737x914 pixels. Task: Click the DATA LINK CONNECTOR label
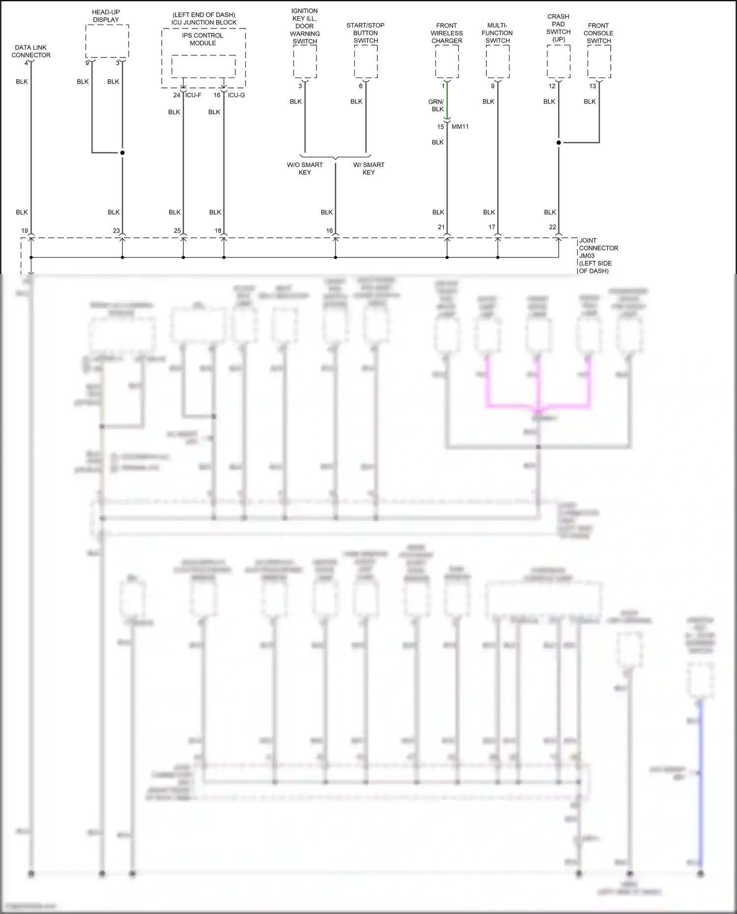[31, 51]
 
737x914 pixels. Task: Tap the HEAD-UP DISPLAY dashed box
[107, 41]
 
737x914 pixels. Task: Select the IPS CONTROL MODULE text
[202, 39]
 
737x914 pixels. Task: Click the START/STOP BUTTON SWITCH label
[366, 33]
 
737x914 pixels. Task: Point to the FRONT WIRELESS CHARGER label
[447, 33]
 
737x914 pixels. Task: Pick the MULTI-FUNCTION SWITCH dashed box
[498, 61]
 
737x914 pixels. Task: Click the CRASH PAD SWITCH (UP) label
[558, 28]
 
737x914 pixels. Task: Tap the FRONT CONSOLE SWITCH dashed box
[599, 61]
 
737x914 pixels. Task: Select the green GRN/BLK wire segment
[447, 101]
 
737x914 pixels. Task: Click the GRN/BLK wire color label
[436, 105]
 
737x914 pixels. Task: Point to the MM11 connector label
[460, 127]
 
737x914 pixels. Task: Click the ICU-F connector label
[193, 95]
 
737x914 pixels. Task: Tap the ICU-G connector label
[236, 95]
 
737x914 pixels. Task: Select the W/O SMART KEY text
[305, 168]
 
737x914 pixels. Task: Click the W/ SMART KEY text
[368, 168]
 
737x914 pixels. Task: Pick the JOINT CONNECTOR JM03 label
[598, 255]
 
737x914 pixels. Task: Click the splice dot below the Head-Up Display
[122, 153]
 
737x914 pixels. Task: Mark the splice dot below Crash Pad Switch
[559, 143]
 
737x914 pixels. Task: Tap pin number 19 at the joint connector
[25, 230]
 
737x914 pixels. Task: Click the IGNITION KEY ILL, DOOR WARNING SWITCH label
[305, 26]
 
